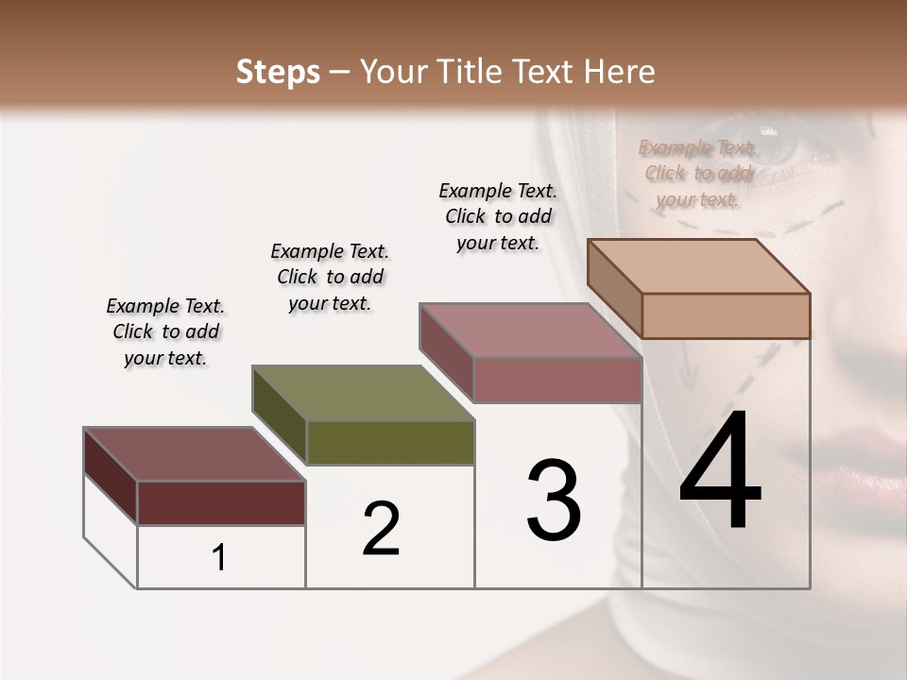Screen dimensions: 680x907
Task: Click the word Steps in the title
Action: pos(278,72)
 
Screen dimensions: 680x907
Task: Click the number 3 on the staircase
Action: pos(554,501)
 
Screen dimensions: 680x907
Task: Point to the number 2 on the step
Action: pos(381,529)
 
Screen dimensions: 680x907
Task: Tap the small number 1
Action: pos(219,557)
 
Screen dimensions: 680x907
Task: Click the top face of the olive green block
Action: pos(364,393)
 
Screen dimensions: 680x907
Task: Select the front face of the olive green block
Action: pos(390,442)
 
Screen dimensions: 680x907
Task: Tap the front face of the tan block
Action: pos(726,315)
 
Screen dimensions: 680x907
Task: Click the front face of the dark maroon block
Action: pos(221,502)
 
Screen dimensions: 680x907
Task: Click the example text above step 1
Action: pos(165,332)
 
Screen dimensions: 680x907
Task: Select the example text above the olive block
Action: pos(330,278)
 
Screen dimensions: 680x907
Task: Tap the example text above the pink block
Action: pos(498,216)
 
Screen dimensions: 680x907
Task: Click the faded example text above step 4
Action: pos(698,174)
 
